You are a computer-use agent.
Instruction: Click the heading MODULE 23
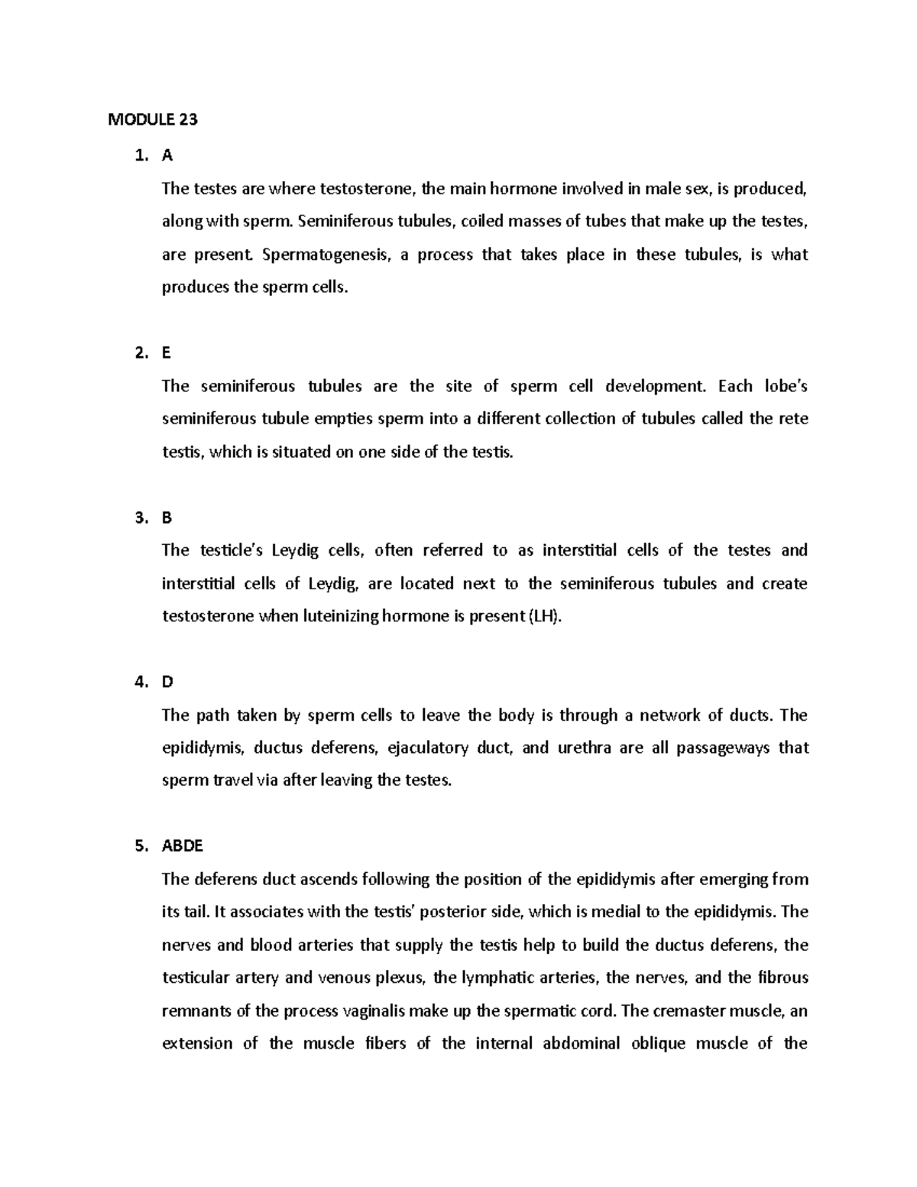[x=153, y=120]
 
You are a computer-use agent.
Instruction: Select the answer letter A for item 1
[x=167, y=156]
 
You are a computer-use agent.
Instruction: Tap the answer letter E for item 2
[x=167, y=353]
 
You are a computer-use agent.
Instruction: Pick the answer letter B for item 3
[x=167, y=518]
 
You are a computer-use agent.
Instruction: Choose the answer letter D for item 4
[x=167, y=683]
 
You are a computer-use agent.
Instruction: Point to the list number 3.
[x=140, y=518]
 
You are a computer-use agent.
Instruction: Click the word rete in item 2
[x=794, y=419]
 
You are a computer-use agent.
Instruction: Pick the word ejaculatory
[x=428, y=748]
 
